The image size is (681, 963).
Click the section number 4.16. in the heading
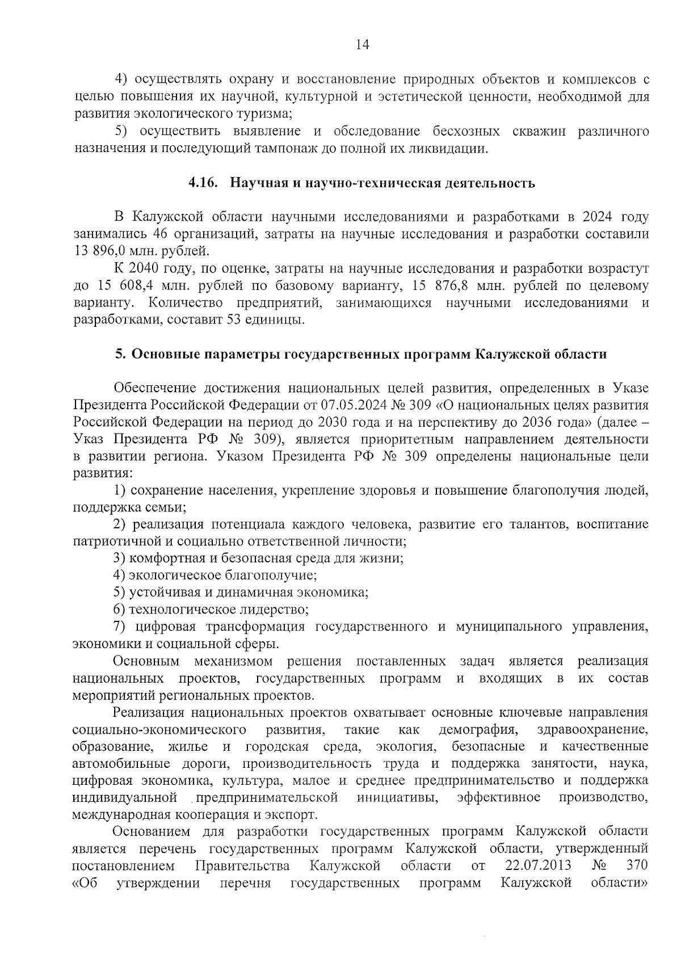coord(204,183)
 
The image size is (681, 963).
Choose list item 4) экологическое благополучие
coord(215,575)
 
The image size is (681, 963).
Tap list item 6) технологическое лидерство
coord(211,610)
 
